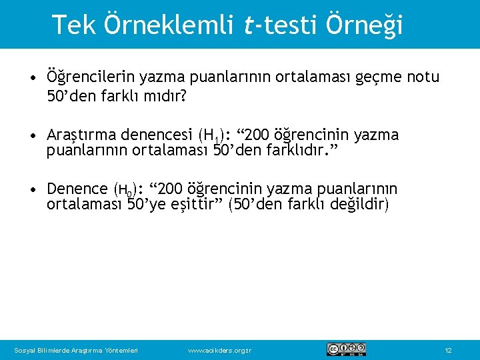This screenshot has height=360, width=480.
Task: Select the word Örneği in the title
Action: [x=365, y=25]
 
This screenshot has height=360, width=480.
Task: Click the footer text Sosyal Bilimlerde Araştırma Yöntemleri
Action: [x=76, y=350]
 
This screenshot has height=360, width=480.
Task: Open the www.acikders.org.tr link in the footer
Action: [x=220, y=350]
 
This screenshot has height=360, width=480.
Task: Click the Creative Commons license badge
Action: [x=346, y=349]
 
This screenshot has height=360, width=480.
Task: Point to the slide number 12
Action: [x=448, y=350]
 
